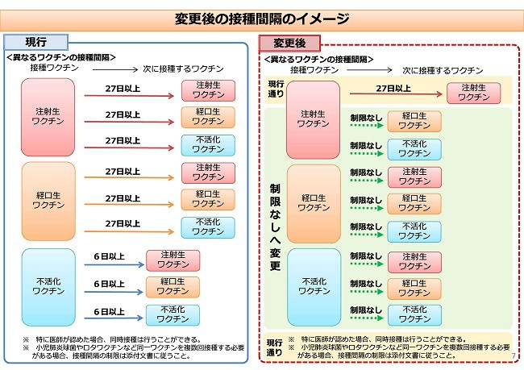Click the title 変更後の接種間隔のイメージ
262,19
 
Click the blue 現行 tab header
35,42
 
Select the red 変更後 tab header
289,43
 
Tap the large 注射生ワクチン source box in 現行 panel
48,117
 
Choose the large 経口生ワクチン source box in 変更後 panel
314,204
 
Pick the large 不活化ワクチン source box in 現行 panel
48,287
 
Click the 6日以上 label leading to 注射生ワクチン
110,256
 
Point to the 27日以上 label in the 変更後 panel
393,89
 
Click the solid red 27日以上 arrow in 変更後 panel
396,94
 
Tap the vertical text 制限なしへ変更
275,227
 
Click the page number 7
514,356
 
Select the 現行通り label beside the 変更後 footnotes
274,347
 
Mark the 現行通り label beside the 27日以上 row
276,89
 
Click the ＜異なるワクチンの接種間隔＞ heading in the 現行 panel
60,57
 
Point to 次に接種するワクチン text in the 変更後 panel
443,70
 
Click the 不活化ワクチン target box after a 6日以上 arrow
173,314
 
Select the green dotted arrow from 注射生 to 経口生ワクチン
367,125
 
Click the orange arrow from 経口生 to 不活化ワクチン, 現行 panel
129,231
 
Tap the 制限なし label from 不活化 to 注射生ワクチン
366,256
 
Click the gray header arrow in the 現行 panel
115,69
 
